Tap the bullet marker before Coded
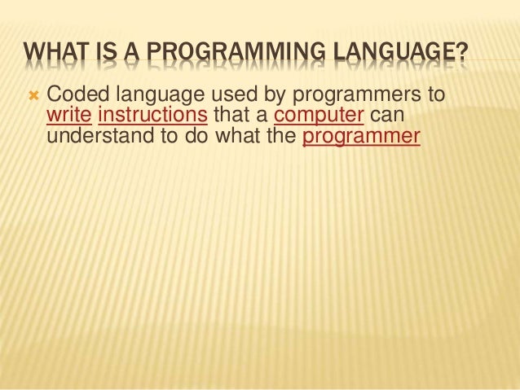click(33, 99)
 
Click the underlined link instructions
click(152, 118)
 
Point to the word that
click(230, 118)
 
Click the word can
click(387, 119)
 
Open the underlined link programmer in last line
click(360, 137)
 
